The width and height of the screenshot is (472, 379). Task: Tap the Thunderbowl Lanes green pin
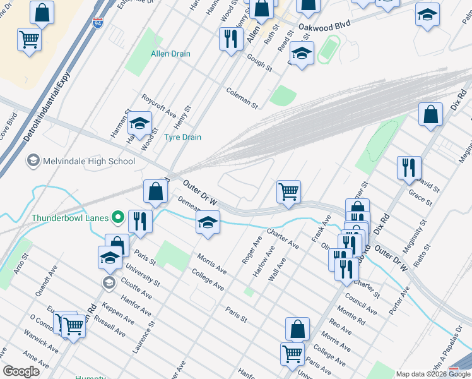pyautogui.click(x=117, y=218)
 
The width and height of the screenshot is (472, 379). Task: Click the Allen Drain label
pyautogui.click(x=170, y=54)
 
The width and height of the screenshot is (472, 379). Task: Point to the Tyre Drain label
pyautogui.click(x=182, y=137)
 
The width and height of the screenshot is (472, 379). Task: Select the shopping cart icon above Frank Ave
pyautogui.click(x=288, y=191)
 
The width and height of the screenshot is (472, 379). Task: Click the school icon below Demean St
pyautogui.click(x=208, y=222)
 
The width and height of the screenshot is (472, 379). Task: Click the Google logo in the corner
pyautogui.click(x=21, y=371)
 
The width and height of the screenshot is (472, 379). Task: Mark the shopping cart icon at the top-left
pyautogui.click(x=29, y=40)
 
